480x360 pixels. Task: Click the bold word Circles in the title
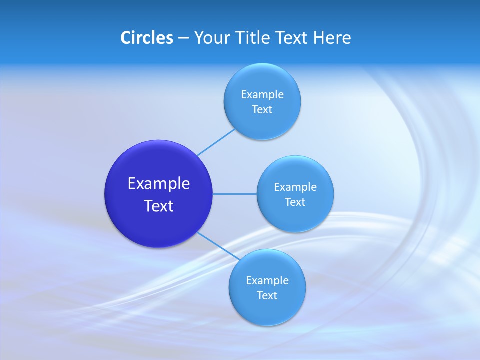(146, 38)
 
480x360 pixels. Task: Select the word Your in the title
(212, 38)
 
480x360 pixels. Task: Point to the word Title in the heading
(253, 38)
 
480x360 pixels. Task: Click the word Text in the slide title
(292, 38)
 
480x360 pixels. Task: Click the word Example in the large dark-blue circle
(159, 184)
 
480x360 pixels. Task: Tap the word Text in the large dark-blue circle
(159, 206)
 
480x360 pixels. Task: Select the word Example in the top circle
(262, 95)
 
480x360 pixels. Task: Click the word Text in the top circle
(262, 110)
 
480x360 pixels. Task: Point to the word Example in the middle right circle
(295, 187)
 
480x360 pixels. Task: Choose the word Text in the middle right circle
(295, 202)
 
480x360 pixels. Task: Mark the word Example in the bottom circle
(267, 281)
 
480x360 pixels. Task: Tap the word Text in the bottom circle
(267, 296)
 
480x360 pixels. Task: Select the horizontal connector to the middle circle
(235, 194)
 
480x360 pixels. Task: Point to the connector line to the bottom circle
(217, 245)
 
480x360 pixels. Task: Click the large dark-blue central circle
(159, 225)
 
